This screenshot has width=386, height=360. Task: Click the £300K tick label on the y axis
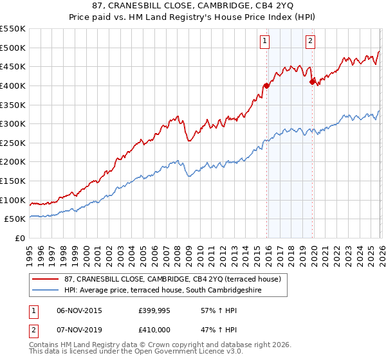click(13, 123)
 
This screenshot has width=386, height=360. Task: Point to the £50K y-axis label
click(15, 219)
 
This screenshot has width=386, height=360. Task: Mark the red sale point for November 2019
click(311, 82)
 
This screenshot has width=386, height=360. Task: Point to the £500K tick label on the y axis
click(13, 48)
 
